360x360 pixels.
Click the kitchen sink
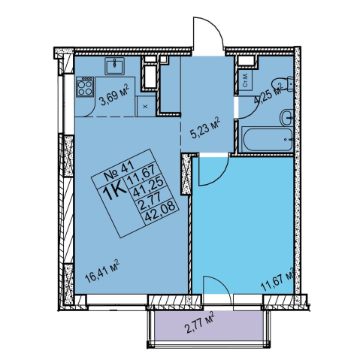(114, 65)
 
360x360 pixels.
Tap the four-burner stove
(85, 86)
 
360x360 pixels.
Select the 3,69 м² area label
(114, 95)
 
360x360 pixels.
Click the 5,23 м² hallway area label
(204, 129)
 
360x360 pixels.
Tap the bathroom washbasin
(286, 117)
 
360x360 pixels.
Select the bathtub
(268, 139)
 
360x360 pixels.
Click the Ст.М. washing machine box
(245, 80)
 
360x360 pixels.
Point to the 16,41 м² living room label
(101, 271)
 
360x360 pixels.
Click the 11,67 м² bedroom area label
(277, 279)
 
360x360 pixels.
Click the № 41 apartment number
(119, 171)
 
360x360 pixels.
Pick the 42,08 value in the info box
(162, 213)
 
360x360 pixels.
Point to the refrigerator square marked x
(145, 106)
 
